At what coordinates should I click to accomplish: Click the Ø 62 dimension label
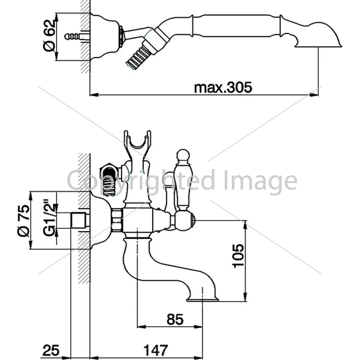tap(49, 36)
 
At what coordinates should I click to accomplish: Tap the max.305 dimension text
tap(223, 87)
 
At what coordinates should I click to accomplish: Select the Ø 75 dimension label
tap(23, 220)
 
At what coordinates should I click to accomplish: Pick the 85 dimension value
tap(175, 319)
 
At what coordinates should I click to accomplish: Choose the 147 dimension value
tap(156, 350)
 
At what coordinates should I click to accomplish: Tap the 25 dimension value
tap(51, 350)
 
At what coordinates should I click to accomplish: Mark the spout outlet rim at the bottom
tap(202, 299)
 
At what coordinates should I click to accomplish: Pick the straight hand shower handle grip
tap(237, 26)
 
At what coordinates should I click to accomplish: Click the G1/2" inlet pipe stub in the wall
tap(79, 221)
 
